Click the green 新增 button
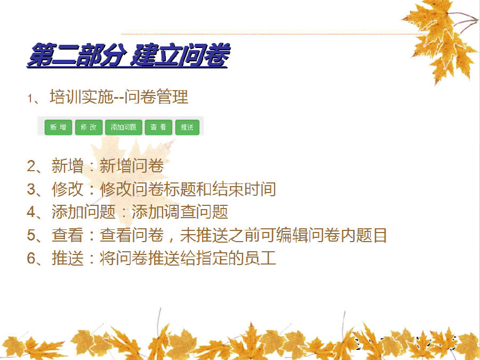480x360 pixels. [59, 127]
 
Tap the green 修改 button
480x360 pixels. [89, 127]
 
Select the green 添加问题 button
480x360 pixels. [124, 127]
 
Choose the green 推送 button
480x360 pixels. [187, 127]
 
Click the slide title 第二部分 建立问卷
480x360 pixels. [128, 55]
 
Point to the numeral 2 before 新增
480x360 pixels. [31, 166]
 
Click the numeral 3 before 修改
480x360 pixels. [31, 189]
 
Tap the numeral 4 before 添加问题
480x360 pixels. [31, 212]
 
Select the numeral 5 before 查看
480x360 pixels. [31, 235]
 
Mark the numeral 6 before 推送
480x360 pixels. [31, 258]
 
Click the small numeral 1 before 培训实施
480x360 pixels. [30, 98]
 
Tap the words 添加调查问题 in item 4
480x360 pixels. [180, 212]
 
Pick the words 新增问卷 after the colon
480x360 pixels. [132, 166]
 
